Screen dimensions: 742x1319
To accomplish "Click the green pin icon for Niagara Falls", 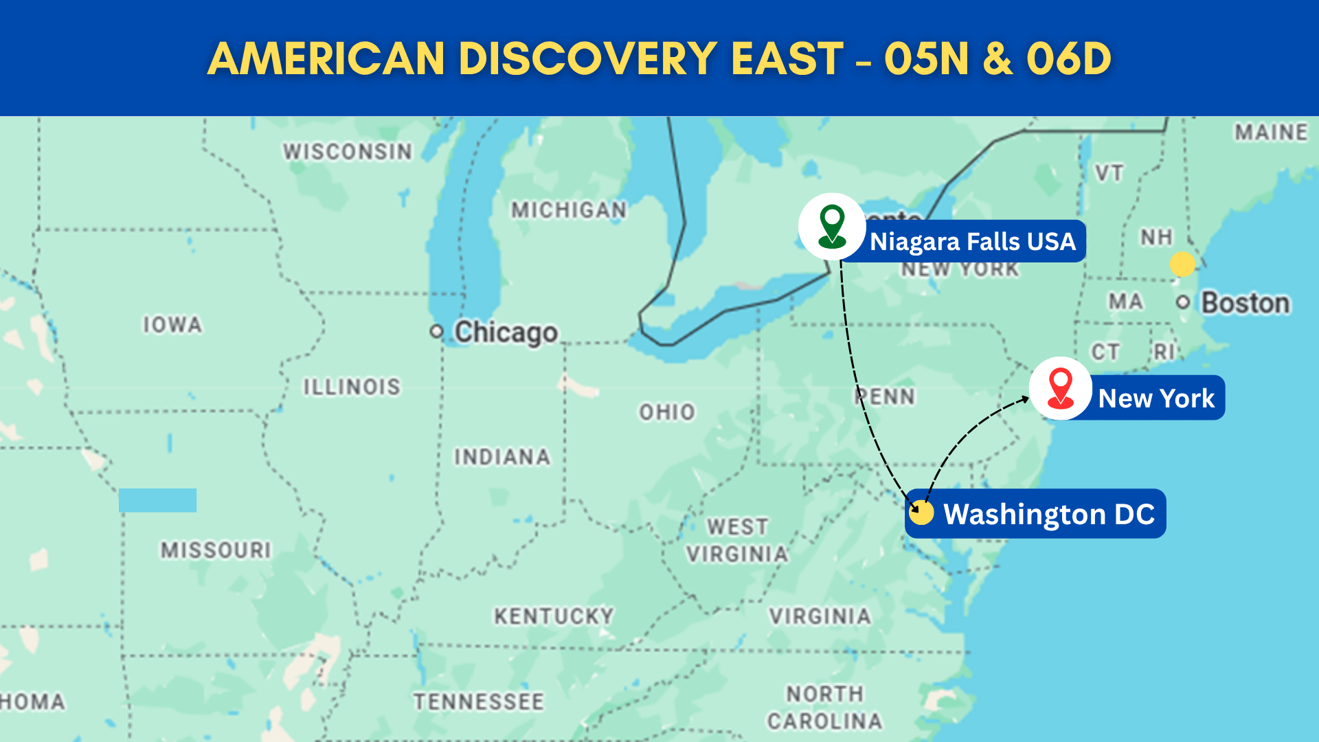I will click(832, 227).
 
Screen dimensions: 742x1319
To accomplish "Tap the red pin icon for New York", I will click(1060, 389).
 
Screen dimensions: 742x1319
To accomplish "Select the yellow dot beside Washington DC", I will click(921, 513).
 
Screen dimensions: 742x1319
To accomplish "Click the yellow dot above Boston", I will click(1182, 264).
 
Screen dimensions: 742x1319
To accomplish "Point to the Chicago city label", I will click(506, 333).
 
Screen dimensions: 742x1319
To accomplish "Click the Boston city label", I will click(1245, 303).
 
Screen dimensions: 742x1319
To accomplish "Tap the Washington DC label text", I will click(1049, 514).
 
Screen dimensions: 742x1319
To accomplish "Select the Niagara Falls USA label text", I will click(972, 242).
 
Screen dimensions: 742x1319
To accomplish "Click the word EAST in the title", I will click(787, 58).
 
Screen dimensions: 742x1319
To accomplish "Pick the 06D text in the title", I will click(1068, 58).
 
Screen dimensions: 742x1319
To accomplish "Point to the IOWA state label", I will click(172, 324).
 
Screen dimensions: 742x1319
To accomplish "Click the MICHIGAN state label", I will click(569, 210).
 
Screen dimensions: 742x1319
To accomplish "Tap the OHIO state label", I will click(667, 412).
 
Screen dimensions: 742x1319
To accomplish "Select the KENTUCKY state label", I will click(554, 616).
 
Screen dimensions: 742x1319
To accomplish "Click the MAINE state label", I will click(1271, 132).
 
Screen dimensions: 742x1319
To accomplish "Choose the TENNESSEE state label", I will click(478, 701).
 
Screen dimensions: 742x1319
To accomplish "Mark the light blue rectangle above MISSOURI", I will click(157, 500).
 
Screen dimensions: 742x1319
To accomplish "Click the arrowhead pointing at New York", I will click(1025, 398).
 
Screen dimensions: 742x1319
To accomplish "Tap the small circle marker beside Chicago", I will click(436, 332).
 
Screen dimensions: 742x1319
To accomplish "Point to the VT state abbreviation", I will click(1109, 173).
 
